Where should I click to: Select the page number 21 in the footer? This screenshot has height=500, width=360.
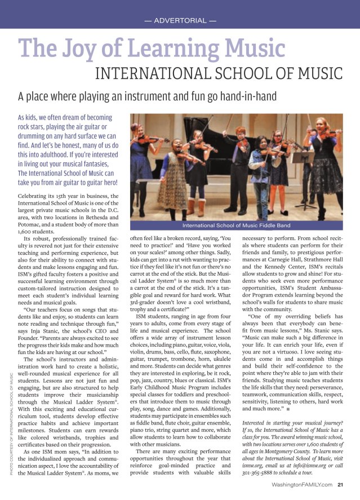[341, 484]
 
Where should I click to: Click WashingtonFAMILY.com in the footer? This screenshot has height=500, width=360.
[301, 484]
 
